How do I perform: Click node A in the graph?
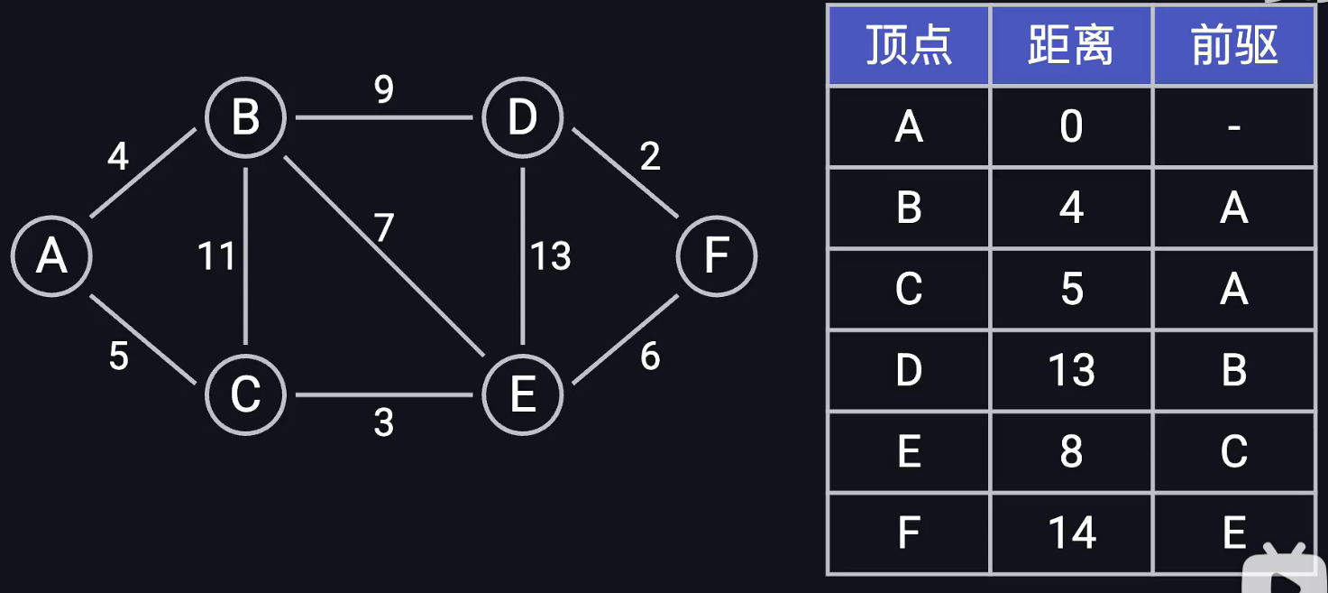[x=51, y=256]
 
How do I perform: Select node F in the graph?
[x=717, y=256]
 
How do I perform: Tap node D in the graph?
[x=523, y=118]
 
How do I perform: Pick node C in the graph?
[x=245, y=394]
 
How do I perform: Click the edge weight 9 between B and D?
[x=384, y=89]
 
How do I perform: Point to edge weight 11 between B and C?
[x=216, y=256]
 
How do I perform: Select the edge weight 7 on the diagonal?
[x=385, y=228]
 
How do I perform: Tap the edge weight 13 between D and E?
[x=550, y=256]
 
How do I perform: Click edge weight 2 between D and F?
[x=650, y=157]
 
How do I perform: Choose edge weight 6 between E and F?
[x=650, y=357]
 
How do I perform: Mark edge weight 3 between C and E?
[x=384, y=422]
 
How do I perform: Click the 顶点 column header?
[x=909, y=45]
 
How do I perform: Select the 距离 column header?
[x=1071, y=45]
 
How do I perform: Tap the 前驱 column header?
[x=1233, y=45]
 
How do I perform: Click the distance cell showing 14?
[x=1071, y=533]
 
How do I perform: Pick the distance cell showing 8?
[x=1071, y=452]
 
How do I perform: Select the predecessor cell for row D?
[x=1233, y=371]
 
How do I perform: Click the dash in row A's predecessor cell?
[x=1233, y=127]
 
